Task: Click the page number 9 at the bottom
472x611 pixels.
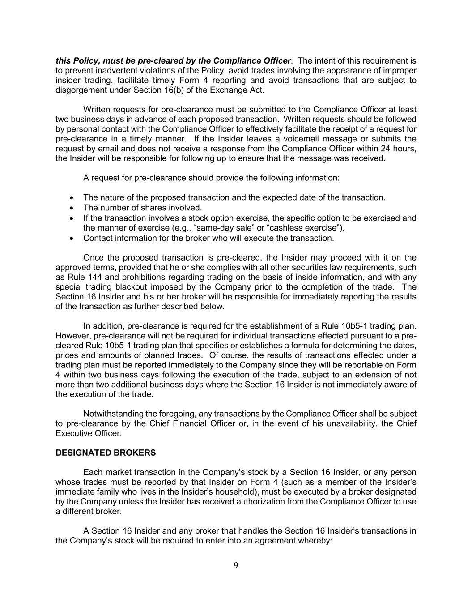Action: (236, 565)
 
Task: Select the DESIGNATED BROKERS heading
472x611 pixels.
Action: (106, 453)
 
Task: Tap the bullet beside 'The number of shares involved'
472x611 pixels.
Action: (72, 208)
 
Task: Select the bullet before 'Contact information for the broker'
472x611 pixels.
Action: (72, 238)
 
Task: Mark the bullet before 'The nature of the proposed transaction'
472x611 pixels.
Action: (72, 198)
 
